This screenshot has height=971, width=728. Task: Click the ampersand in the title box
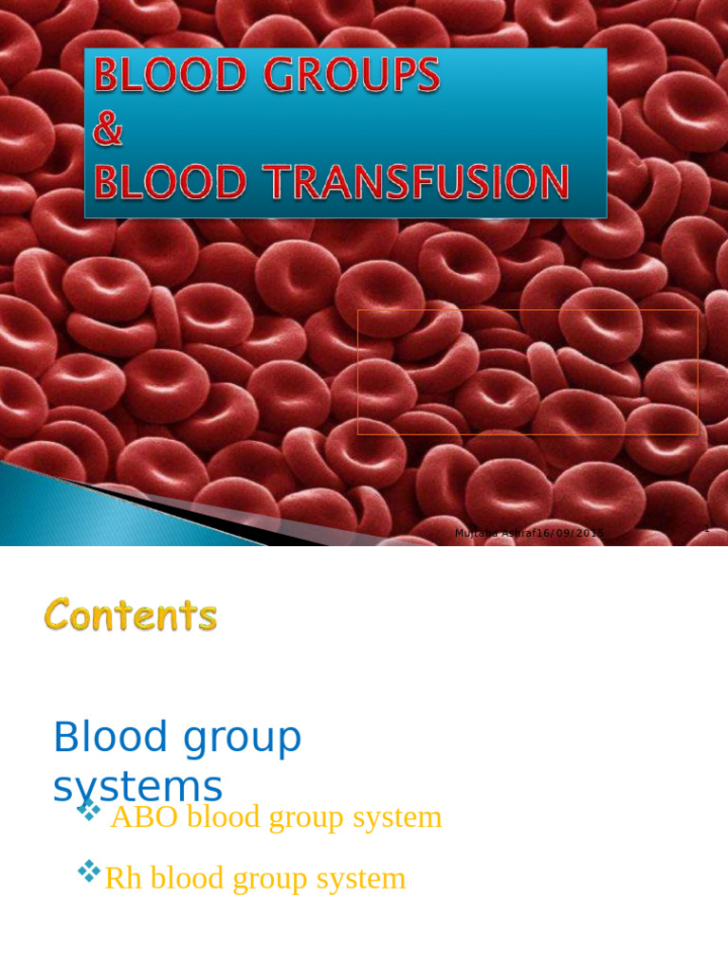[107, 130]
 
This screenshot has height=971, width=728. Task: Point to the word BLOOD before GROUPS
[170, 75]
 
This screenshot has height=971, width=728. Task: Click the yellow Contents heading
[131, 615]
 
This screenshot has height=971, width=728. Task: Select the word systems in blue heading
[137, 786]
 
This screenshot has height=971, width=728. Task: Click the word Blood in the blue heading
[110, 737]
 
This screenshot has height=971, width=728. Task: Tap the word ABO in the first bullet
[144, 816]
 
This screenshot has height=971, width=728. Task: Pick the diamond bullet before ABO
[89, 810]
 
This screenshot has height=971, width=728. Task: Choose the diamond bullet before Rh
[89, 870]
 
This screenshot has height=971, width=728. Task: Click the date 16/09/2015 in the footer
[570, 533]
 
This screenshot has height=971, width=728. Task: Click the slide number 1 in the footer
[707, 530]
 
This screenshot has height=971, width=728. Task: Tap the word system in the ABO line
[397, 816]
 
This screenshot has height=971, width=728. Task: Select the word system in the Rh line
[361, 878]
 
